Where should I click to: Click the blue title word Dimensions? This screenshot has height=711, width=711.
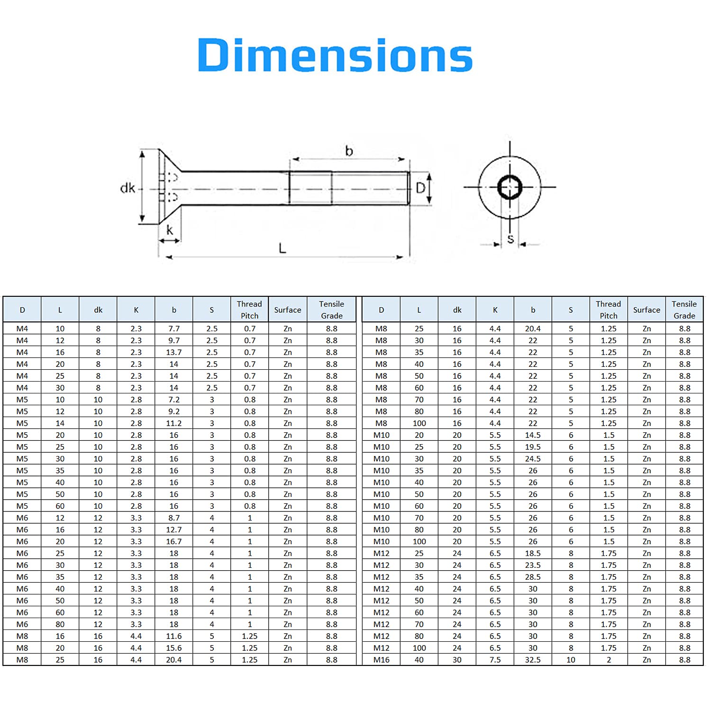tap(335, 55)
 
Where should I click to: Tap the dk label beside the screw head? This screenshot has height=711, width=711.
tap(128, 188)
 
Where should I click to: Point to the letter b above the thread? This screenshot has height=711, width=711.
tap(349, 151)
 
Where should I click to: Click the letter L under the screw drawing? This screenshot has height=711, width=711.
tap(283, 248)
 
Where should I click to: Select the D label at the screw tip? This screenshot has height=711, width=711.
tap(420, 188)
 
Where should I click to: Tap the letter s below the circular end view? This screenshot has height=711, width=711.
tap(510, 239)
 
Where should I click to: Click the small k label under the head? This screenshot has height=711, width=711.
tap(170, 230)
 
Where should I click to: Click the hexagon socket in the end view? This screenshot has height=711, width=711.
tap(510, 187)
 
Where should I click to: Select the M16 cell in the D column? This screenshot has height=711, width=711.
tap(382, 660)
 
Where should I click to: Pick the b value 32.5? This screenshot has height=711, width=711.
tap(533, 660)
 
